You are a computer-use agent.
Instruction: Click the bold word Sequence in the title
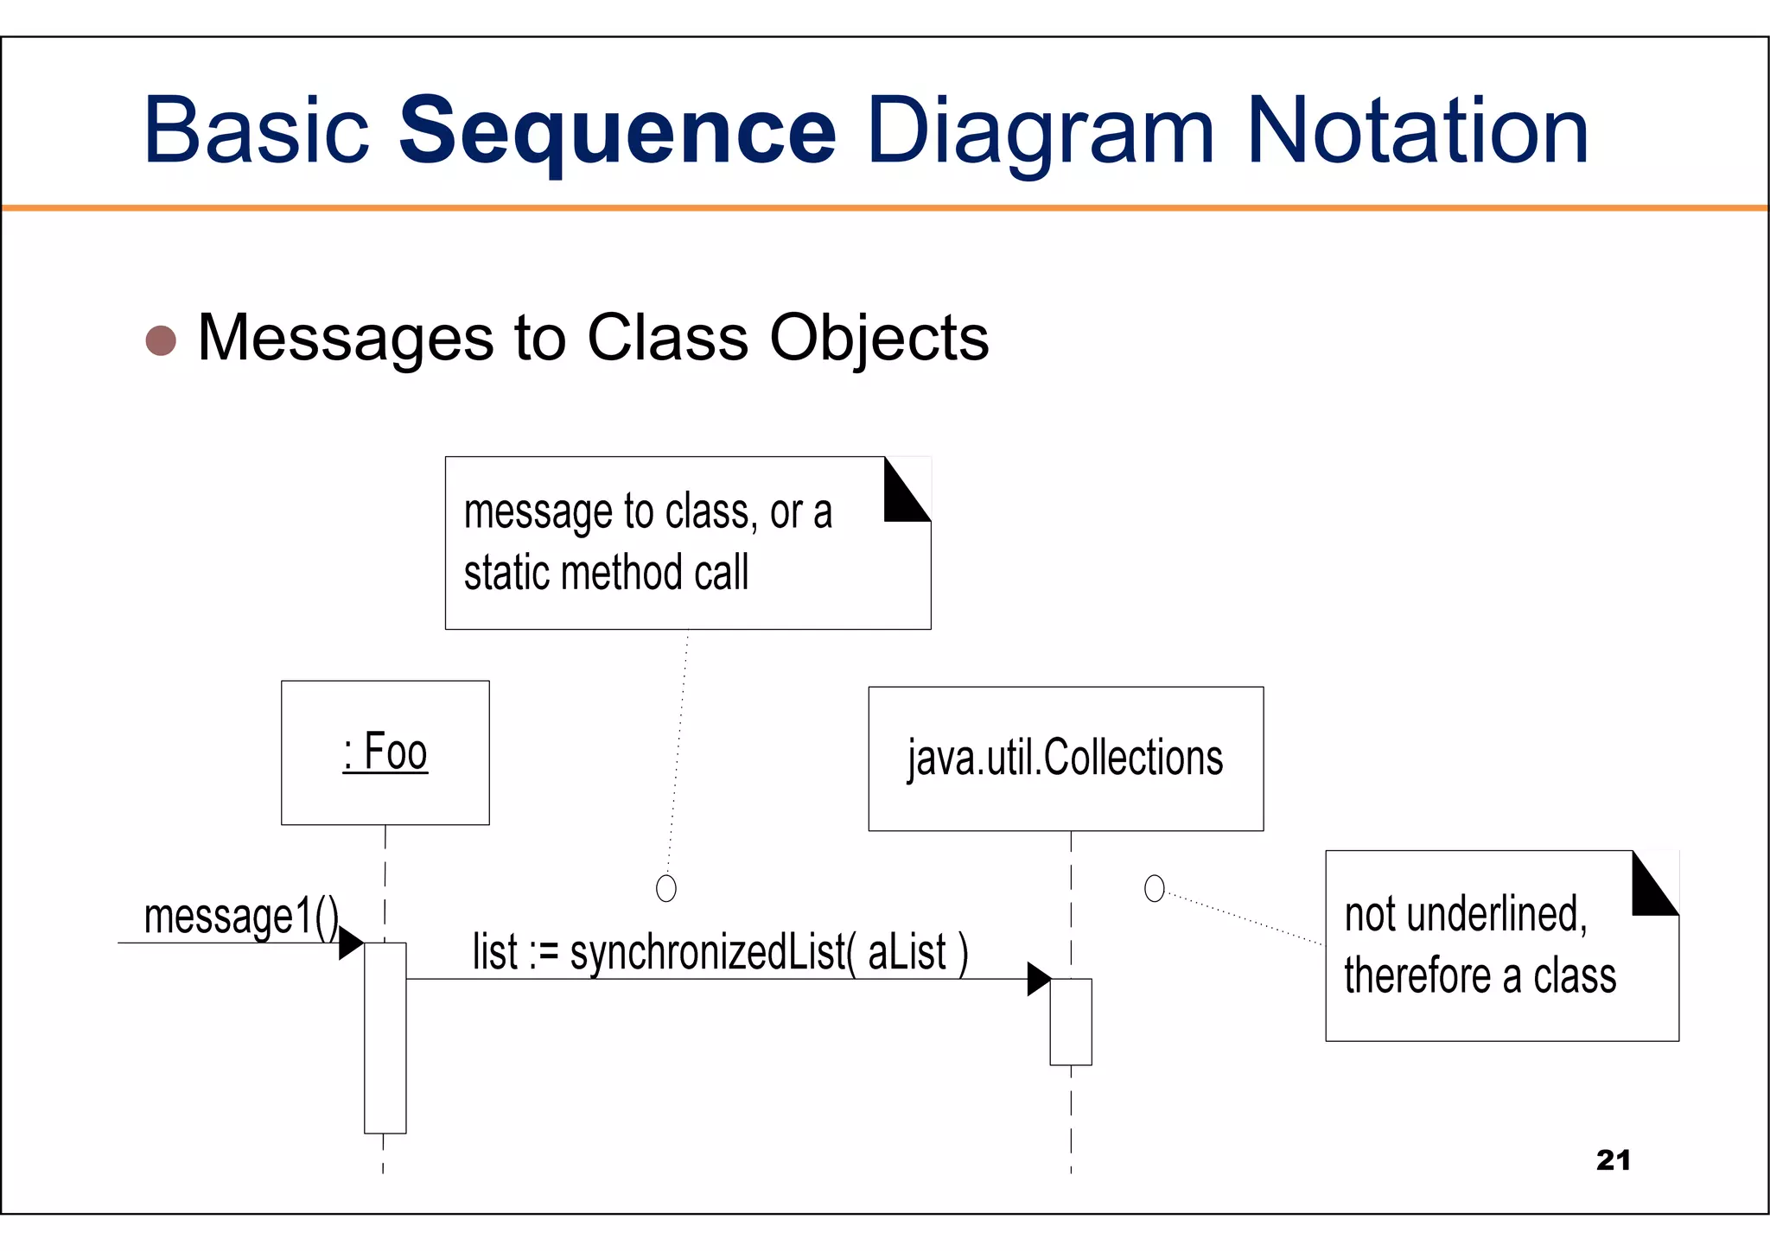(616, 131)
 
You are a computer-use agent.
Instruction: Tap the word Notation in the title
(1417, 131)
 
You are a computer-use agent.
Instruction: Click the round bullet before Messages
(161, 340)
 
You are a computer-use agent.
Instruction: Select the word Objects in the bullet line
(879, 338)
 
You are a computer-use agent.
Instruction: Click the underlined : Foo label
(385, 752)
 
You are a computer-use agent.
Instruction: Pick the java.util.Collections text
(1065, 759)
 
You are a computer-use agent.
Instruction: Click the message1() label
(241, 918)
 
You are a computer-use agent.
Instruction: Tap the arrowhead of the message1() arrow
(350, 943)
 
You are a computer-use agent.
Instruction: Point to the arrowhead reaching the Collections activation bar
(1038, 979)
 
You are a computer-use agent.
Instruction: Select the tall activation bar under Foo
(385, 1038)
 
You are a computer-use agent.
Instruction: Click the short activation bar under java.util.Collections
(1071, 1021)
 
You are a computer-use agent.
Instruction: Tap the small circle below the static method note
(666, 888)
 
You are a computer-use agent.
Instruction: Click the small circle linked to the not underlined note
(1154, 888)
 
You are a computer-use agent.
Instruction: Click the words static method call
(606, 574)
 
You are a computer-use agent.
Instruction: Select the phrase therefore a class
(1480, 976)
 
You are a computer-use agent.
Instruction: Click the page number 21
(1613, 1160)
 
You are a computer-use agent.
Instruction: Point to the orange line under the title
(885, 208)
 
